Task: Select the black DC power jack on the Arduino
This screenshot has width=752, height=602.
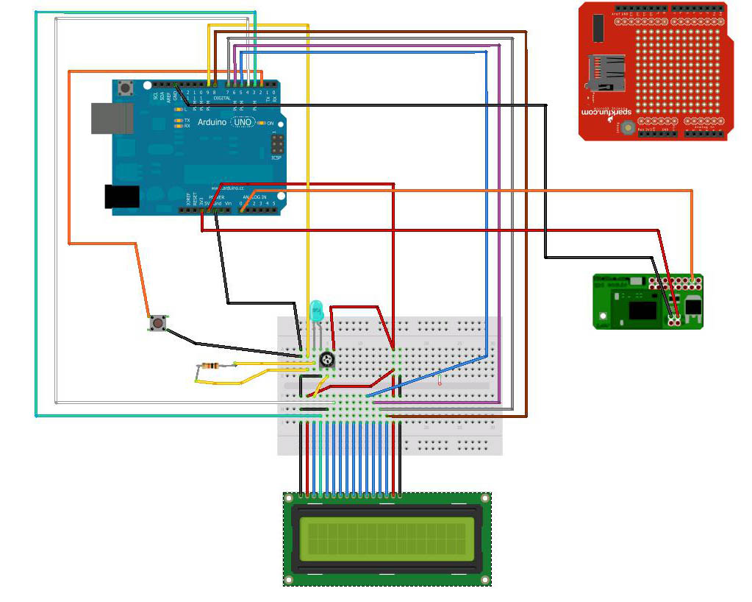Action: [x=122, y=196]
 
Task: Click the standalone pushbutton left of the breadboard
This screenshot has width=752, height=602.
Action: [x=157, y=322]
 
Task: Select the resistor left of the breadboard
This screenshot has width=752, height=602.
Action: [x=210, y=366]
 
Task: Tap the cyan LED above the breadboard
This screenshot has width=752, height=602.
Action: [x=317, y=308]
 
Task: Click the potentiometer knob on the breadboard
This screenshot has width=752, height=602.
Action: [x=327, y=360]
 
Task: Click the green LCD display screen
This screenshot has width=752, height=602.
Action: [x=387, y=537]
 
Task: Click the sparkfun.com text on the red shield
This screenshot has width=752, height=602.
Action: [x=589, y=110]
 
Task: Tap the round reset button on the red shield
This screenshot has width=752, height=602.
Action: [x=627, y=128]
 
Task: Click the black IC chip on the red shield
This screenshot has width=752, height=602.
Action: [x=598, y=27]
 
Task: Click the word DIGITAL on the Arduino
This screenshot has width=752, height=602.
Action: [x=221, y=97]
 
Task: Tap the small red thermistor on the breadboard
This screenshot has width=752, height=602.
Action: [x=440, y=381]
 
